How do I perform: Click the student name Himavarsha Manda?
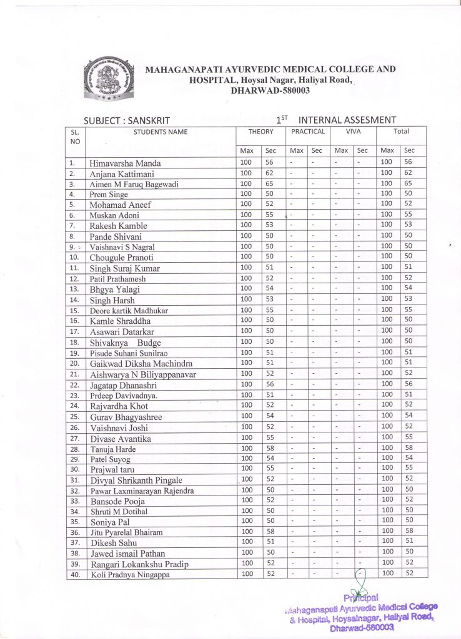pyautogui.click(x=125, y=163)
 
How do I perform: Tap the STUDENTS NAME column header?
pyautogui.click(x=161, y=132)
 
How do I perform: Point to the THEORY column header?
pyautogui.click(x=260, y=132)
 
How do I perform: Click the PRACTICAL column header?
pyautogui.click(x=308, y=132)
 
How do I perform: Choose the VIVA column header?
pyautogui.click(x=353, y=132)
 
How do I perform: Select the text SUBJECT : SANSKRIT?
pyautogui.click(x=126, y=120)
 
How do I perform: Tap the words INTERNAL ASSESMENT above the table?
pyautogui.click(x=347, y=119)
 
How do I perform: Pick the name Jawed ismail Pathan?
pyautogui.click(x=131, y=554)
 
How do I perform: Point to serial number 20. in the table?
pyautogui.click(x=74, y=363)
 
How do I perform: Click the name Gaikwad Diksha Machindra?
pyautogui.click(x=141, y=363)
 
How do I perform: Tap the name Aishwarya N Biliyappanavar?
pyautogui.click(x=143, y=374)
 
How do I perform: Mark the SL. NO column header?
pyautogui.click(x=75, y=137)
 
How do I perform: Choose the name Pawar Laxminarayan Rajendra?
pyautogui.click(x=142, y=490)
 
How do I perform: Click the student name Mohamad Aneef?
pyautogui.click(x=121, y=205)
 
